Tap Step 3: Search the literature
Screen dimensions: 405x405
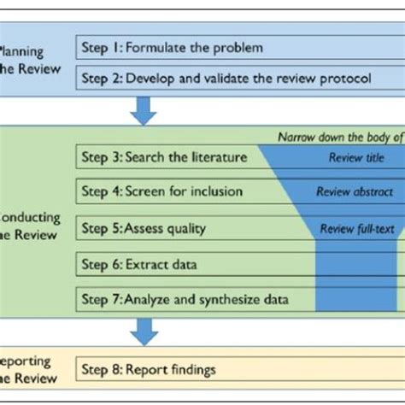tap(165, 157)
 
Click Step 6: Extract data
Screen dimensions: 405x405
tap(140, 264)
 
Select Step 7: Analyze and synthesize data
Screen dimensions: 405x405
tap(184, 299)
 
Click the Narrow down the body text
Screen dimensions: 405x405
tap(340, 137)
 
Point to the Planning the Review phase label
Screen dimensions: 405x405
tap(30, 60)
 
